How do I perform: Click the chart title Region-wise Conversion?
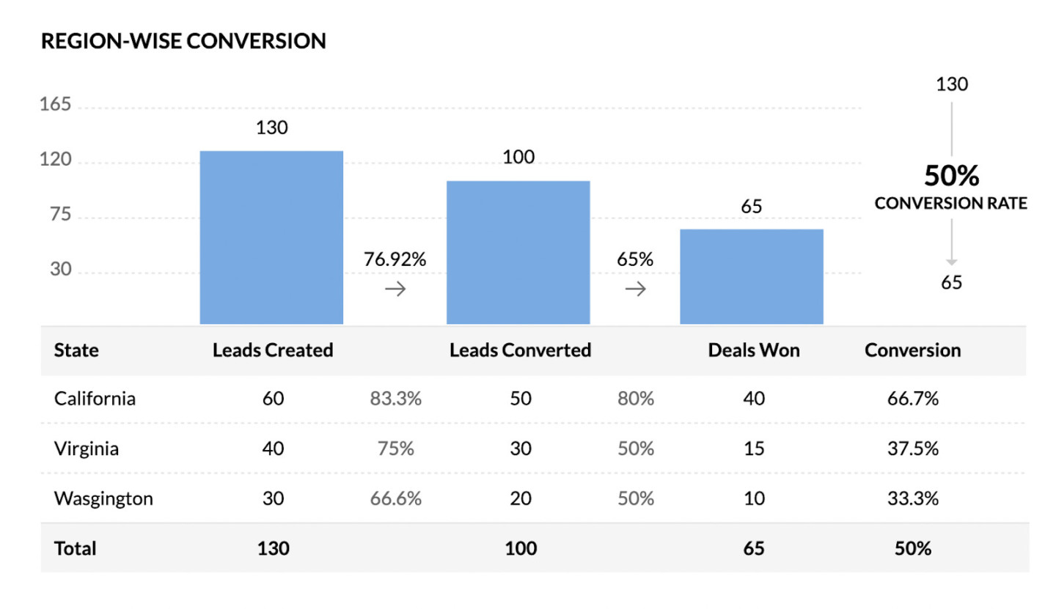[x=183, y=41]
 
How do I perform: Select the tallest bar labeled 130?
[x=271, y=237]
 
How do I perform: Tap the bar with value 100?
[x=518, y=251]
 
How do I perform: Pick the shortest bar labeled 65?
[x=751, y=276]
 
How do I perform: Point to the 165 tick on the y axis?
[x=56, y=106]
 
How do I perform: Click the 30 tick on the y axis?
[x=60, y=270]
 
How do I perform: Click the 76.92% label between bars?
[x=395, y=259]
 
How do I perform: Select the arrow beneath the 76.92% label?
[x=395, y=289]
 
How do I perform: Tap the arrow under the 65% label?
[x=635, y=289]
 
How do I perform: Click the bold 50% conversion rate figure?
[x=951, y=177]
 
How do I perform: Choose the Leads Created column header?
[x=273, y=350]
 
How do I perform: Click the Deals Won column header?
[x=754, y=350]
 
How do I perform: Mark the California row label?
[x=95, y=399]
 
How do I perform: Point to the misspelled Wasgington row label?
[x=103, y=499]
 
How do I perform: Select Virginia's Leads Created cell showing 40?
[x=273, y=449]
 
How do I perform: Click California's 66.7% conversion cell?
[x=913, y=399]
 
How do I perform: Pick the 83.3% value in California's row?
[x=396, y=399]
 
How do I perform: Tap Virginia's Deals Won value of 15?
[x=754, y=449]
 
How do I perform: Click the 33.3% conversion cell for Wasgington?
[x=913, y=499]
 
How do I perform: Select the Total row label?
[x=76, y=547]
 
